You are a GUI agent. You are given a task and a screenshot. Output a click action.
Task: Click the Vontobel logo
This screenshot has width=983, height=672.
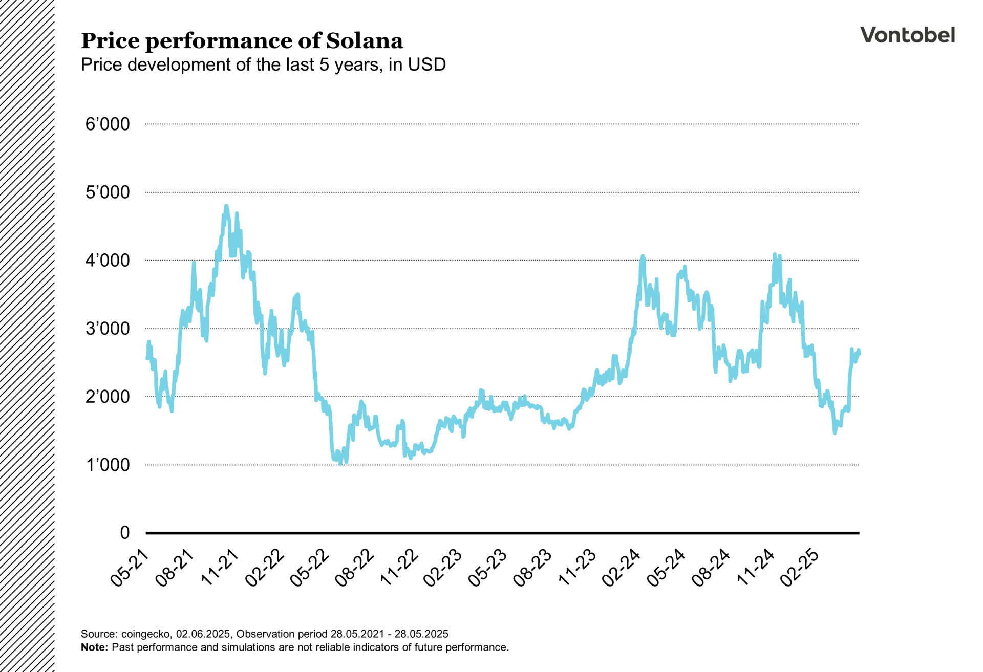[907, 35]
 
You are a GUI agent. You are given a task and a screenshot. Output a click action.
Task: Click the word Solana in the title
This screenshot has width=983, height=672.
[364, 41]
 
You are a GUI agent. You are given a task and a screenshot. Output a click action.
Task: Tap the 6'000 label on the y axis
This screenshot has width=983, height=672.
[108, 124]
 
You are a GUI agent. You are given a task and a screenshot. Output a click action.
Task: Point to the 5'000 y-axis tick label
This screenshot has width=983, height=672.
[108, 192]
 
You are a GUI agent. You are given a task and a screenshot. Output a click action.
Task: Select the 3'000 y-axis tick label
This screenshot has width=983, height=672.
[108, 329]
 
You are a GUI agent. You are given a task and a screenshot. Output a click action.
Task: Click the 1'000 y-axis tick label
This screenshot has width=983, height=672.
[108, 465]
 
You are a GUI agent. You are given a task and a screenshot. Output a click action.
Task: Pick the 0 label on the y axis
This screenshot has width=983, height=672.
[124, 533]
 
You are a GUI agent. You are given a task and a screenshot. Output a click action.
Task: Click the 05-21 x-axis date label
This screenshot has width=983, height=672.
[130, 568]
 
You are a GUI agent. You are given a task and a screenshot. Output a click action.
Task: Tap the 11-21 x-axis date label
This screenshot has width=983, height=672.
[220, 568]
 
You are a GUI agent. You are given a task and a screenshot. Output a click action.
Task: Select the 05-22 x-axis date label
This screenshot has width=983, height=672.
[309, 568]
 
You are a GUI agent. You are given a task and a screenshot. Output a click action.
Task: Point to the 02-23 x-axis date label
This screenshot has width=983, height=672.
[443, 568]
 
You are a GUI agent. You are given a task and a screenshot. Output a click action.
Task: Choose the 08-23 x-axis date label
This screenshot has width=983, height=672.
[533, 568]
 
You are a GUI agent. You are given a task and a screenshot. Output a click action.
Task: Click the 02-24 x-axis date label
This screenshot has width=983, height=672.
[622, 568]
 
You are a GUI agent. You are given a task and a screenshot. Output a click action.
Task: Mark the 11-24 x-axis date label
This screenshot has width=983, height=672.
[756, 568]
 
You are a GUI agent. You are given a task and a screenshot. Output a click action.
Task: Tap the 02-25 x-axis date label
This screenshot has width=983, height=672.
[800, 568]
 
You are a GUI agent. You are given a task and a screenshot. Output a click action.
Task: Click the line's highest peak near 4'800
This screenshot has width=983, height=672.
[226, 206]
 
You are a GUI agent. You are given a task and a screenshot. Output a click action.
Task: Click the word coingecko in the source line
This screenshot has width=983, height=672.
[145, 634]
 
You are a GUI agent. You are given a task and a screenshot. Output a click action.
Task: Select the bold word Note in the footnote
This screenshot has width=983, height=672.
[93, 647]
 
